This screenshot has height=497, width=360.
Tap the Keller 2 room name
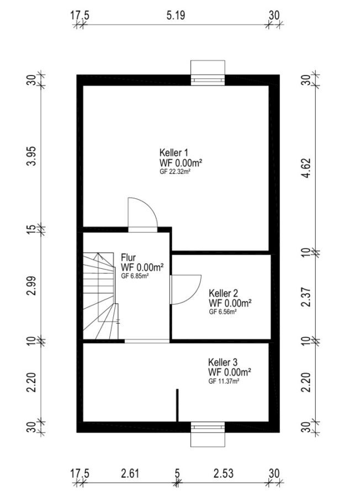(224, 293)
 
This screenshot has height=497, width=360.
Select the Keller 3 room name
(223, 362)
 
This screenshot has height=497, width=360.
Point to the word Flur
(128, 257)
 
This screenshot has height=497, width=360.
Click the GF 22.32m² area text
(175, 172)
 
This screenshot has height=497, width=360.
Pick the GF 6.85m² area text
(135, 276)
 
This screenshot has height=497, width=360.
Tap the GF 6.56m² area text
(223, 311)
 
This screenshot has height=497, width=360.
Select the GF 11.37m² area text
(224, 381)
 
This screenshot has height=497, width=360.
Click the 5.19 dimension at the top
(176, 15)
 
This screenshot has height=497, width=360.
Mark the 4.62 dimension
(306, 168)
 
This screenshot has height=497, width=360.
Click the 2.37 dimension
(306, 297)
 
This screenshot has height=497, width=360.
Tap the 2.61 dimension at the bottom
(130, 473)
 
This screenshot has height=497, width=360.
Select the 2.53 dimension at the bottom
(224, 473)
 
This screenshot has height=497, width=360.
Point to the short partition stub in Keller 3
(177, 405)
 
